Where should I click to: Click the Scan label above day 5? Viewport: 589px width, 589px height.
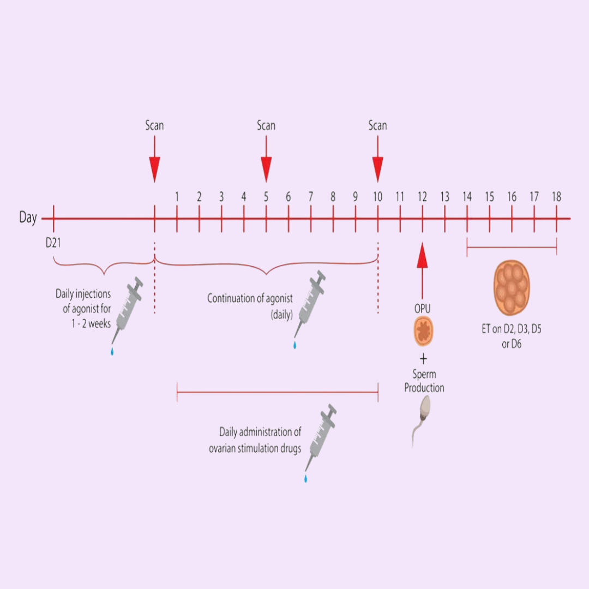[x=266, y=125]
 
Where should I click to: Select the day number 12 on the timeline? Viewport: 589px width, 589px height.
[x=422, y=196]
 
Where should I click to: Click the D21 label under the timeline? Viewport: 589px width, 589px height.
[x=53, y=242]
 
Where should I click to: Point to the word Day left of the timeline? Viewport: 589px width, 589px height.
[x=28, y=218]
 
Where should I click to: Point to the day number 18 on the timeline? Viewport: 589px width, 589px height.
[x=556, y=196]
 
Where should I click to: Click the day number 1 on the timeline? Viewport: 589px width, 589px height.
[x=177, y=196]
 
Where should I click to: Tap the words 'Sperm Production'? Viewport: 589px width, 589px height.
[x=424, y=382]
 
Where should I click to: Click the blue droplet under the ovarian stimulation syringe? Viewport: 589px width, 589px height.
[x=305, y=479]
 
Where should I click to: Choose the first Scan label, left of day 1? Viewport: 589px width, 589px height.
[x=154, y=125]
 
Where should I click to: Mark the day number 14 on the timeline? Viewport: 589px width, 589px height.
[x=467, y=196]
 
